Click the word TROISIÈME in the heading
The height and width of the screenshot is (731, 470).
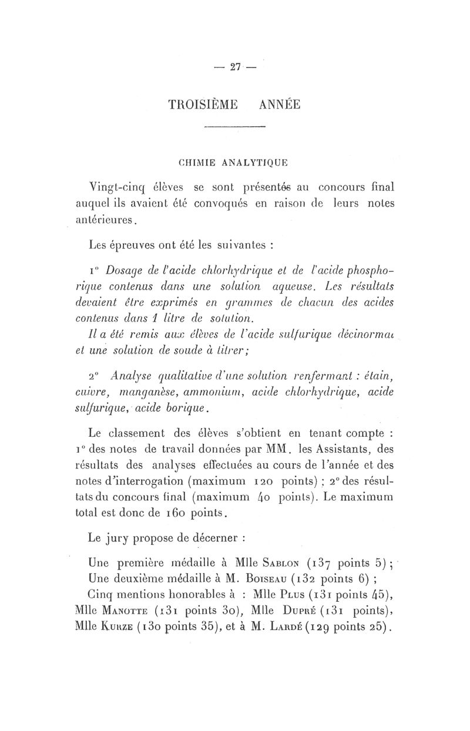(203, 105)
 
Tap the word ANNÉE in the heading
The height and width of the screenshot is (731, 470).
(279, 105)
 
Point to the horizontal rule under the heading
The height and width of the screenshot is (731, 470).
(234, 127)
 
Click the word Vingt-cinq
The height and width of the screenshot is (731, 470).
(116, 188)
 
